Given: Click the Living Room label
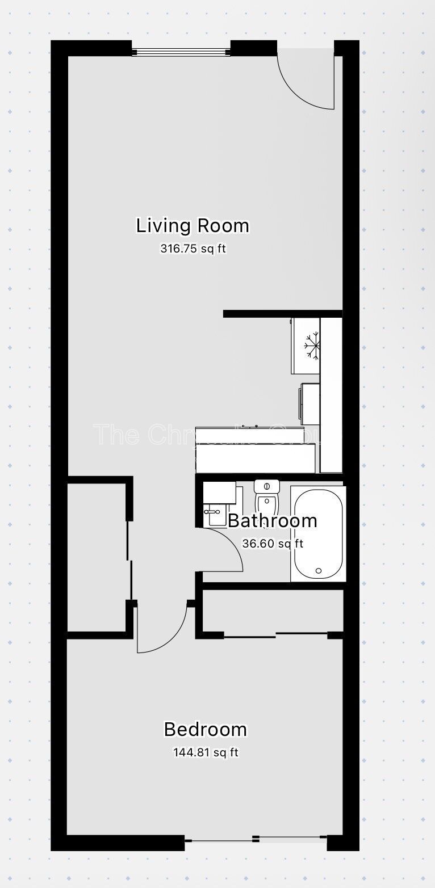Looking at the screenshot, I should click(x=193, y=226).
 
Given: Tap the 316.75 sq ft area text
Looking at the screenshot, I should click(x=193, y=249).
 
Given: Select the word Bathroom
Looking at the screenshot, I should click(x=272, y=520).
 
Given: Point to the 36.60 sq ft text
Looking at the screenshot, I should click(x=273, y=544).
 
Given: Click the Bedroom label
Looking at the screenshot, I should click(x=205, y=729).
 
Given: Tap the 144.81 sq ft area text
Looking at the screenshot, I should click(x=205, y=752).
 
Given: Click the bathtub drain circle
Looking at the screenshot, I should click(x=319, y=571).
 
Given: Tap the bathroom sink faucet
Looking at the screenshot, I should click(x=213, y=511).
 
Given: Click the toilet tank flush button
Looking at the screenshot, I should click(x=267, y=486).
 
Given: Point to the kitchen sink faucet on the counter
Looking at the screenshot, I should click(x=250, y=426).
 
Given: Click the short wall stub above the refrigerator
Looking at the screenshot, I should click(x=282, y=314).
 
